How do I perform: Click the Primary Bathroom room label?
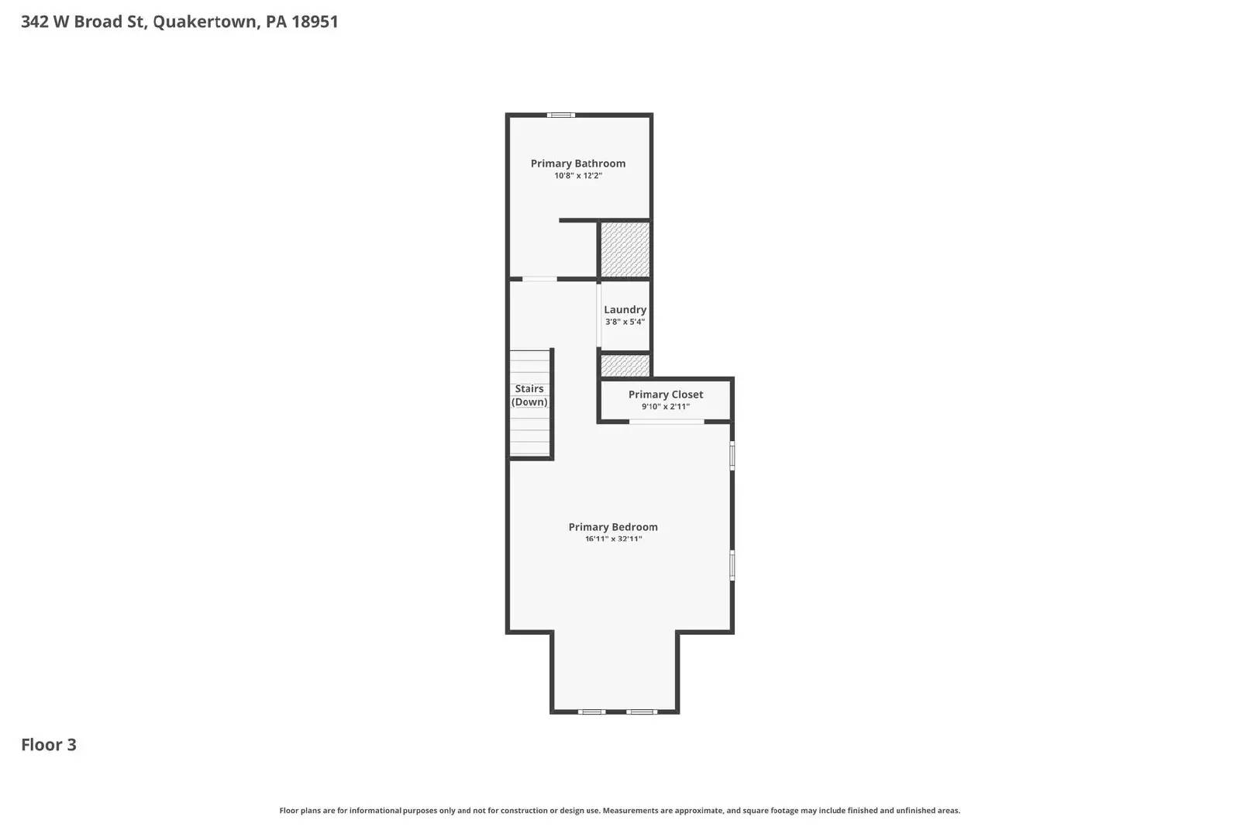[577, 164]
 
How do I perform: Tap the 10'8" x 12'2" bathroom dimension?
[577, 176]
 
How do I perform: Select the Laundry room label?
[625, 309]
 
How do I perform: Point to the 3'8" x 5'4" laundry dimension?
[625, 322]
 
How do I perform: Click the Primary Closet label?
[665, 395]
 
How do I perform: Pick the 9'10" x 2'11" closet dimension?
[665, 407]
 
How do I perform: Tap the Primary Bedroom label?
[612, 527]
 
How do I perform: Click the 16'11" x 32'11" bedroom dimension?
[613, 539]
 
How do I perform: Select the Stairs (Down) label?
[529, 395]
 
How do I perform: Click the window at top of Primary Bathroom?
[560, 115]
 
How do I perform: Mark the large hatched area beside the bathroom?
[625, 249]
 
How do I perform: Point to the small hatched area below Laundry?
[625, 365]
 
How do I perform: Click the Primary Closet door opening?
[666, 422]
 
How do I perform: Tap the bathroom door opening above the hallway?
[539, 279]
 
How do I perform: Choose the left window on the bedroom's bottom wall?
[592, 712]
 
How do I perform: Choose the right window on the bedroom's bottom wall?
[642, 712]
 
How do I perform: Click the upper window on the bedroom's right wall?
[732, 456]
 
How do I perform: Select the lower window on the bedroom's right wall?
[732, 565]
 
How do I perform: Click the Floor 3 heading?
[49, 745]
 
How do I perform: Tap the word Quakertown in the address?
[205, 22]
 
